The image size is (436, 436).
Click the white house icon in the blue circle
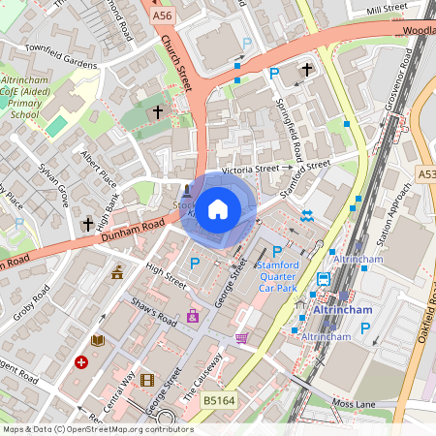pyautogui.click(x=218, y=207)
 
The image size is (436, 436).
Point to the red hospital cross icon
pyautogui.click(x=81, y=362)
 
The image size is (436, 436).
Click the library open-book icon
pyautogui.click(x=97, y=340)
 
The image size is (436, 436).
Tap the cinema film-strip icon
pyautogui.click(x=146, y=381)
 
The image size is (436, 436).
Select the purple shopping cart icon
pyautogui.click(x=240, y=337)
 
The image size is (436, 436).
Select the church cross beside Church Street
pyautogui.click(x=157, y=112)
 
